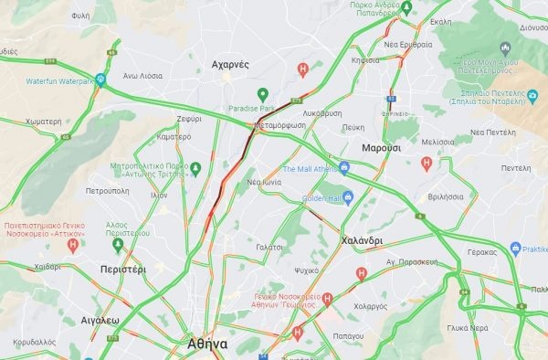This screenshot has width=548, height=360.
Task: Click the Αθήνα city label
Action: [206, 344]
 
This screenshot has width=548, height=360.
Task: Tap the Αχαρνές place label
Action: [230, 65]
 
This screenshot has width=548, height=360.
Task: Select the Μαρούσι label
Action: [381, 147]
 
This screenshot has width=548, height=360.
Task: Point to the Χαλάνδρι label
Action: [361, 240]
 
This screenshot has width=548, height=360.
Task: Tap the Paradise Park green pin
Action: [262, 94]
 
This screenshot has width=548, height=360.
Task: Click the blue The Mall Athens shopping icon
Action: [345, 168]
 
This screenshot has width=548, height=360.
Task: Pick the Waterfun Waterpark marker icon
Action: [100, 79]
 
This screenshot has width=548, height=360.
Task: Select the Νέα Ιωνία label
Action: [263, 183]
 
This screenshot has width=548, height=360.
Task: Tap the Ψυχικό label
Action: [307, 271]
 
